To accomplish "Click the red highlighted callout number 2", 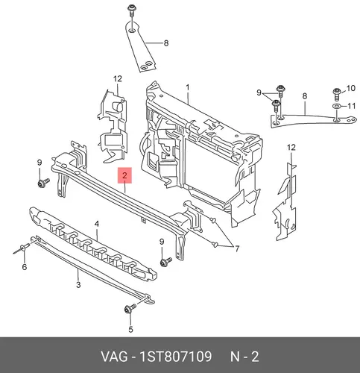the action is tap(124, 175).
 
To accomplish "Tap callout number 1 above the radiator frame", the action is tap(188, 87).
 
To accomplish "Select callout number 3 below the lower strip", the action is tap(78, 285).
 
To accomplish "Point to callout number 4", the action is tap(97, 224).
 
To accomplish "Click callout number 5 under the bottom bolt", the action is tap(130, 330).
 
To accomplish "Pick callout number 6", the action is tap(25, 267).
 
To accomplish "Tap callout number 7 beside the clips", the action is tap(237, 248).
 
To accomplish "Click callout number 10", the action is tap(351, 88).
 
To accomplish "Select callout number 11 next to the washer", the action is tap(351, 106).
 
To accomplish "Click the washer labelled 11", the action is tap(336, 107).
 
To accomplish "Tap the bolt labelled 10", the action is tap(336, 93).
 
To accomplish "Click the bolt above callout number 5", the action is tap(130, 309).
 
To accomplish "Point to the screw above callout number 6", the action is tap(22, 248).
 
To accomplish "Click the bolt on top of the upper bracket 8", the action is tap(131, 10).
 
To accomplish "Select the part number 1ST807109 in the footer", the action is tap(176, 357).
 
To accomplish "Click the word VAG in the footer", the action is tap(113, 357).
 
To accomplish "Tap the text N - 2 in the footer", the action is tap(244, 357).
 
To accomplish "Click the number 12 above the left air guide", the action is tap(118, 79).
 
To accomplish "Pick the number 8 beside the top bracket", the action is tap(166, 43).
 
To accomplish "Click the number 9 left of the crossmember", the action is tap(40, 163).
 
